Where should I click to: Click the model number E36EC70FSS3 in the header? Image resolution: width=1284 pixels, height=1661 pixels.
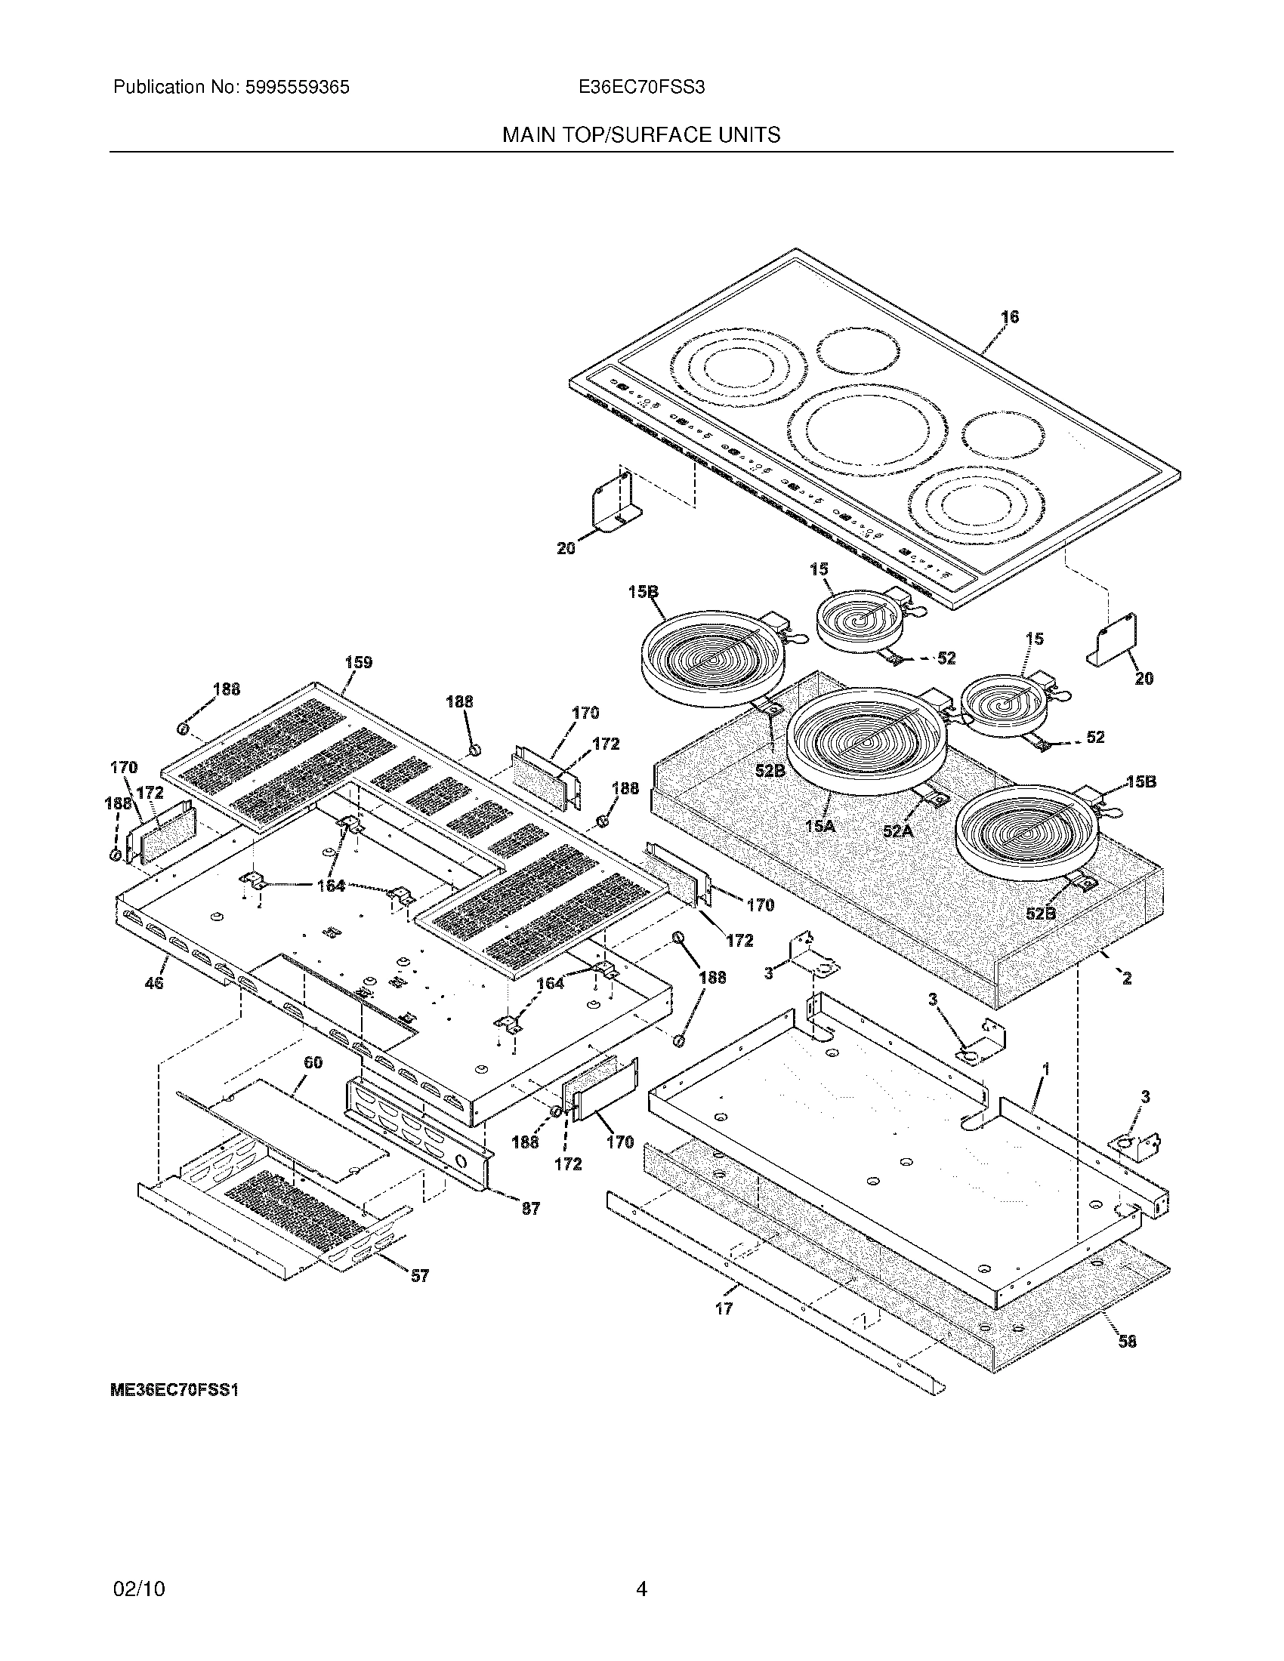tap(641, 88)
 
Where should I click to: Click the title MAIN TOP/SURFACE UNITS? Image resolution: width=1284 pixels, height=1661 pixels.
tap(641, 135)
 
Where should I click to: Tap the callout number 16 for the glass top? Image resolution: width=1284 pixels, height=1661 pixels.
tap(1009, 317)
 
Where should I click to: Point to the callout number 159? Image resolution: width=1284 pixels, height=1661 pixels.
tap(358, 662)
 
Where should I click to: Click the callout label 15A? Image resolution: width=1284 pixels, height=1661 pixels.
tap(819, 825)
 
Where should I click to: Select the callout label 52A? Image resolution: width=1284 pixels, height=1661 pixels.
tap(897, 831)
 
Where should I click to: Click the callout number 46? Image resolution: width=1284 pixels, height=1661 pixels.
tap(153, 983)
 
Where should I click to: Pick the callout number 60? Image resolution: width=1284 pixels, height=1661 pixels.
tap(313, 1062)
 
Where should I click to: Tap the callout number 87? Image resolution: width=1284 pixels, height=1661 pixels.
tap(530, 1209)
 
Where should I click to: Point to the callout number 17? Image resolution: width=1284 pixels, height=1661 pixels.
tap(724, 1309)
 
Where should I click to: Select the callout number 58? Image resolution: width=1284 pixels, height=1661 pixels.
tap(1128, 1342)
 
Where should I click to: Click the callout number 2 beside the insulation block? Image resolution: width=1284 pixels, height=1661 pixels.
tap(1127, 978)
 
